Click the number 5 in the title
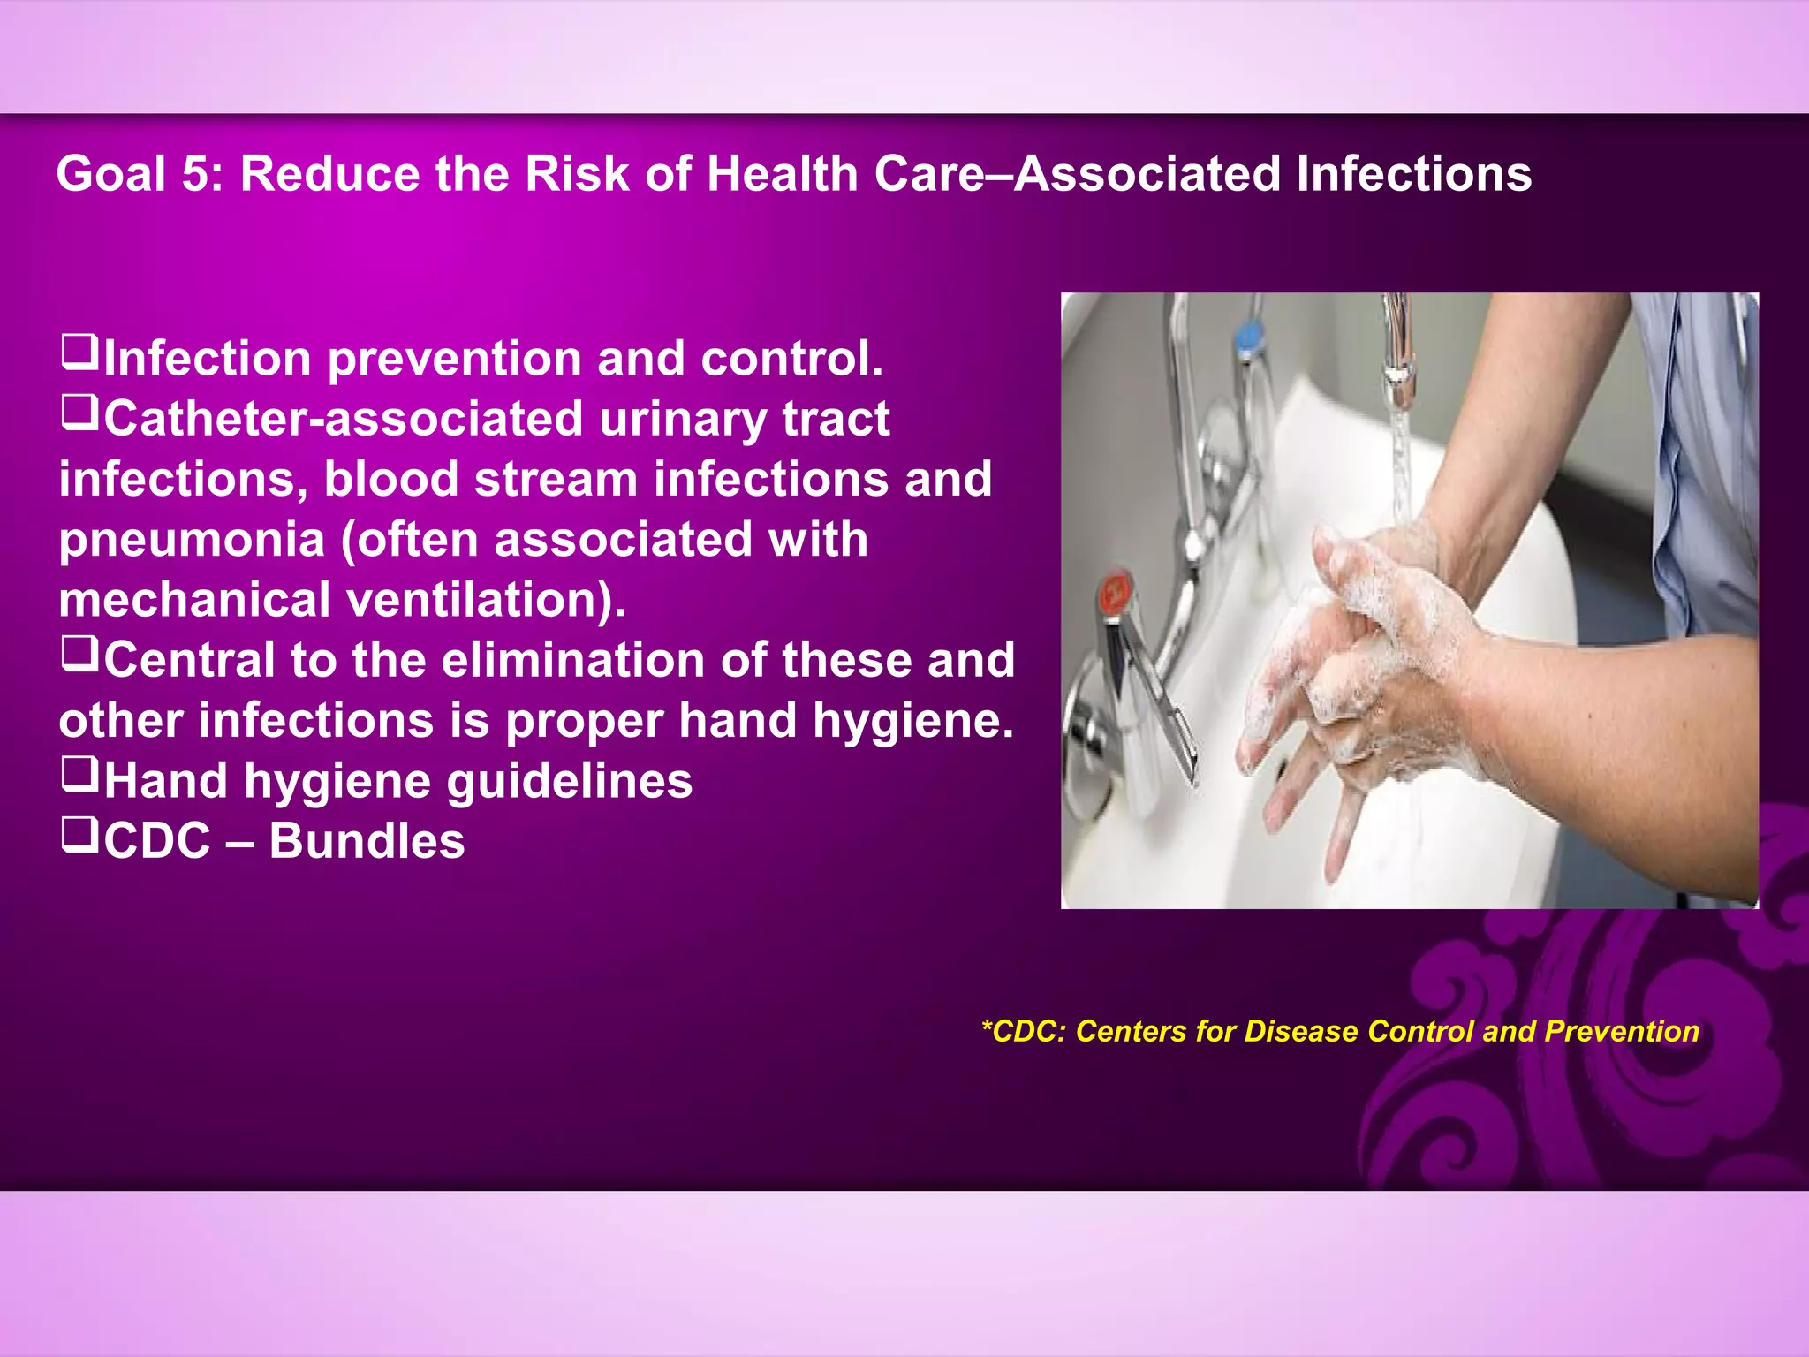[x=194, y=174]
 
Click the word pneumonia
[x=192, y=541]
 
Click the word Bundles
[x=367, y=841]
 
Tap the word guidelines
[x=570, y=782]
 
